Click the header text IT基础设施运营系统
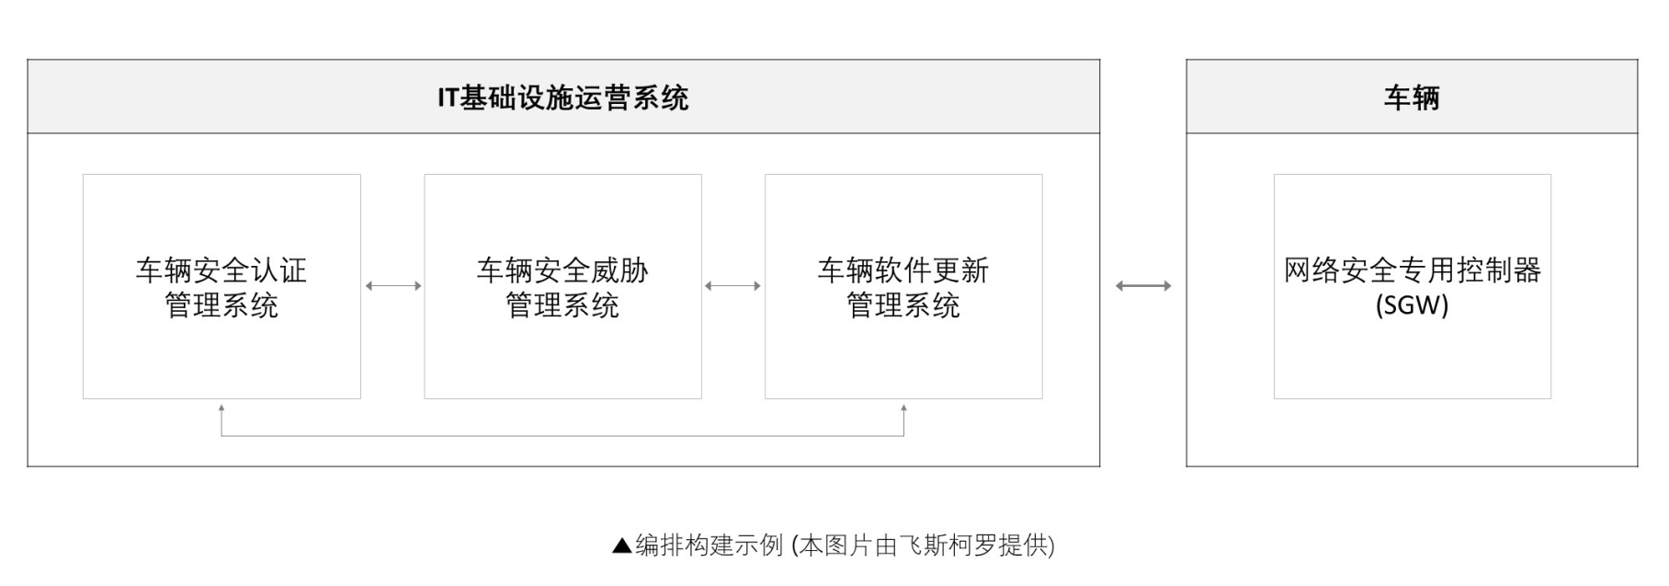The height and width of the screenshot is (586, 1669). (562, 98)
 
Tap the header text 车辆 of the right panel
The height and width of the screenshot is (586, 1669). (1411, 98)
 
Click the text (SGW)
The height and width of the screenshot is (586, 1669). (1412, 305)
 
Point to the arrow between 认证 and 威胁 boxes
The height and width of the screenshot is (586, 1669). (393, 286)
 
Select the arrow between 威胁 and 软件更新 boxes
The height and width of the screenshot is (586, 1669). (732, 286)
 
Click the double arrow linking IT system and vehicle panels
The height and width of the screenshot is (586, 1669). (1143, 286)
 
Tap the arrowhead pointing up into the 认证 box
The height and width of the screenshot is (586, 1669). (221, 408)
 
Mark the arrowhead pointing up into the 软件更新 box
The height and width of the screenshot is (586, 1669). (903, 408)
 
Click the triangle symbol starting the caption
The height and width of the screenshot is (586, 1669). (622, 546)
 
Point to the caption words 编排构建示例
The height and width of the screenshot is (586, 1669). (709, 546)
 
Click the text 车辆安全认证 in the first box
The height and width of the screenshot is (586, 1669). (221, 270)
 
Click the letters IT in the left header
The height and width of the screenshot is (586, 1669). (448, 98)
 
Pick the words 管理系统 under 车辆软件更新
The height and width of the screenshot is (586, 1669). (903, 305)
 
